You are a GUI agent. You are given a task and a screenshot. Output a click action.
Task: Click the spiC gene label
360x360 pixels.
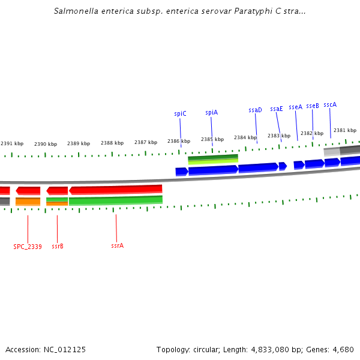[x=180, y=113]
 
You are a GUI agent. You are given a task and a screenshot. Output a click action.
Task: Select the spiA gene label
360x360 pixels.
[x=211, y=112]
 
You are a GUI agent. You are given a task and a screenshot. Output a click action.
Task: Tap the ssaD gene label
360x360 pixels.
[x=255, y=110]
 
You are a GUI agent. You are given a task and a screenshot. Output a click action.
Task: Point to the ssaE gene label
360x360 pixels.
[x=276, y=109]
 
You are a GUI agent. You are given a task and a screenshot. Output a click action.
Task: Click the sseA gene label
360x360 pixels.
[x=295, y=107]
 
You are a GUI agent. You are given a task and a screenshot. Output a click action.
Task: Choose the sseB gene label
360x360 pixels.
[x=312, y=106]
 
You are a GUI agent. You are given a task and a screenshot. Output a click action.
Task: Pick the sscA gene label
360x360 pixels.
[x=329, y=104]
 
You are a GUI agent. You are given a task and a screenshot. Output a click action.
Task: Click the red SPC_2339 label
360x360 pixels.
[x=28, y=246]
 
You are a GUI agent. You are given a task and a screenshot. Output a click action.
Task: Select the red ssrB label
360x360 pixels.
[x=58, y=245]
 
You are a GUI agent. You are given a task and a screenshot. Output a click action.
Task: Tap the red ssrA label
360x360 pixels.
[x=117, y=245]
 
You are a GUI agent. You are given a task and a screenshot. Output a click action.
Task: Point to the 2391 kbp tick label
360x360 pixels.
[x=12, y=143]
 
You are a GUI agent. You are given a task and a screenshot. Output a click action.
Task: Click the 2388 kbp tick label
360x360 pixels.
[x=112, y=143]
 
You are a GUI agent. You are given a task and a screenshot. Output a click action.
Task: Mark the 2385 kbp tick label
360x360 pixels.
[x=212, y=139]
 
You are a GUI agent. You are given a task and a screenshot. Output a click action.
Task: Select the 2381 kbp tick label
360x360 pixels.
[x=344, y=130]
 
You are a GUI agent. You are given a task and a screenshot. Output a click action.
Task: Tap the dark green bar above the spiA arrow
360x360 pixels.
[x=213, y=157]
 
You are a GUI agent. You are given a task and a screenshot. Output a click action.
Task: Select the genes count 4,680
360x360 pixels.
[x=342, y=349]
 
